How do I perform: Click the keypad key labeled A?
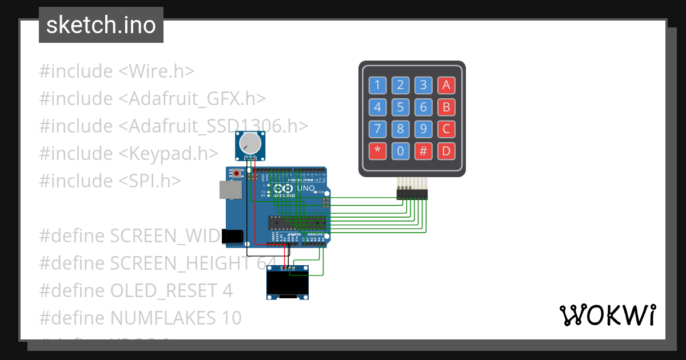[x=446, y=86]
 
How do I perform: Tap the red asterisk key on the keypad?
[x=377, y=151]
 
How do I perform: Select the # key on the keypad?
[x=423, y=151]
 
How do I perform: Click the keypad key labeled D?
[x=446, y=151]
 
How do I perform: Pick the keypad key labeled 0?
[x=400, y=151]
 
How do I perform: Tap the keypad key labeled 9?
[x=423, y=129]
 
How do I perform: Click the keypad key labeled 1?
[x=377, y=86]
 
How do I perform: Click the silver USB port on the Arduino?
[x=227, y=190]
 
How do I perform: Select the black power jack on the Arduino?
[x=233, y=235]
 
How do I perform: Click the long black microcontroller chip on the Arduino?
[x=297, y=222]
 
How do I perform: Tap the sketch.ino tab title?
[x=101, y=25]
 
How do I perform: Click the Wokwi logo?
[x=607, y=315]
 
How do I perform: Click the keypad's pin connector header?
[x=412, y=195]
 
